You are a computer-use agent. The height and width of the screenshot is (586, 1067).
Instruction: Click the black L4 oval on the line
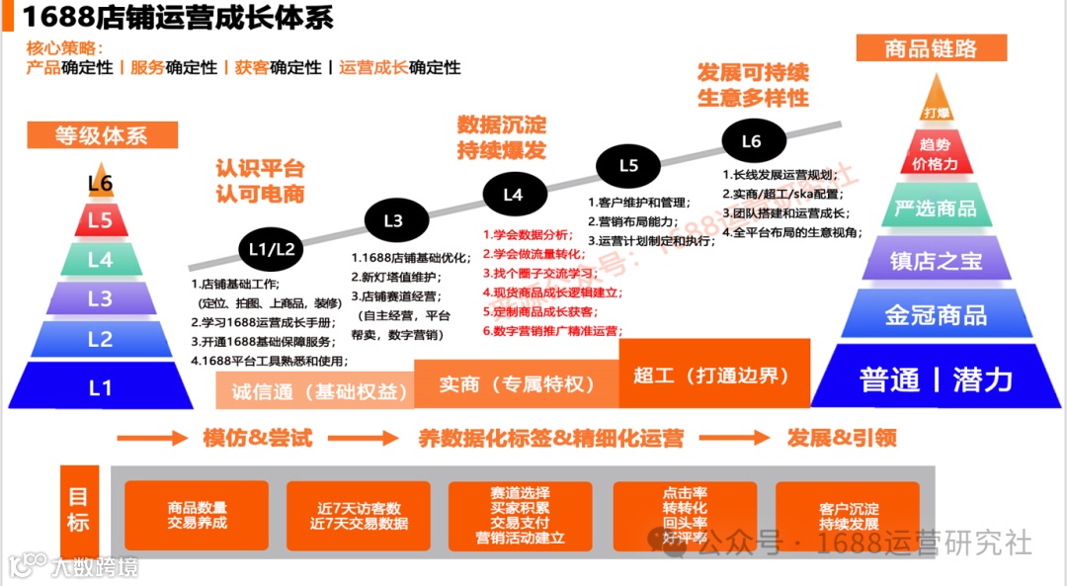point(513,195)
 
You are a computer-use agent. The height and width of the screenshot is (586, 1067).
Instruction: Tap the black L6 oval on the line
point(752,141)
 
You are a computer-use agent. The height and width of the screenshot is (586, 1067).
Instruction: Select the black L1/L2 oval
point(272,249)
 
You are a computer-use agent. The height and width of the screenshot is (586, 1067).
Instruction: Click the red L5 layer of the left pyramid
point(100,220)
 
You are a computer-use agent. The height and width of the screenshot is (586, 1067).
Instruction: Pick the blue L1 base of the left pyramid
point(100,386)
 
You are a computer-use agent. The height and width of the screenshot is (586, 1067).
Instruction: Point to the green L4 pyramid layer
point(100,260)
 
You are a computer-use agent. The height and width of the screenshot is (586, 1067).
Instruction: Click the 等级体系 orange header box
point(102,135)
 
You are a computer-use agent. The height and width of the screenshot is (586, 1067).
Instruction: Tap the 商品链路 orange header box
point(932,47)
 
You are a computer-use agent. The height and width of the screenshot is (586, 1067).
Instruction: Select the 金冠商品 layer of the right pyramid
point(935,314)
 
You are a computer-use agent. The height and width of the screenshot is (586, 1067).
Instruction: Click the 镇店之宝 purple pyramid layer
point(935,260)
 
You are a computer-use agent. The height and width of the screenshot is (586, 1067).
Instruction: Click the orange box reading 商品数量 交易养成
point(197,515)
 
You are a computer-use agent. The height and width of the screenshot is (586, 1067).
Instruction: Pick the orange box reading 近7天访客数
point(359,515)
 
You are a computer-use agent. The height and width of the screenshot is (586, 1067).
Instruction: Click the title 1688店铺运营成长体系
point(178,17)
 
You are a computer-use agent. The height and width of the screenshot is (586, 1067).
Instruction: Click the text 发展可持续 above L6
point(753,73)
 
